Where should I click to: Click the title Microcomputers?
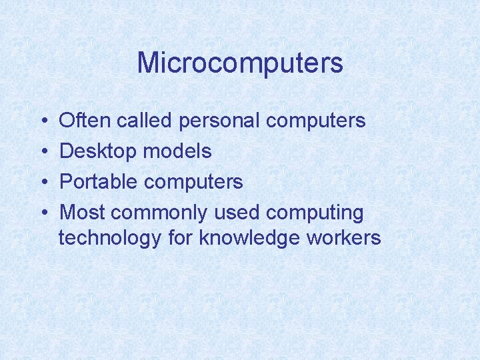point(240,63)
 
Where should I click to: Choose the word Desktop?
point(99,152)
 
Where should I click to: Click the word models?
point(178,151)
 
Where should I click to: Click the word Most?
point(82,213)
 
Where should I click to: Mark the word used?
point(237,213)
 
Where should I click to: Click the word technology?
point(110,239)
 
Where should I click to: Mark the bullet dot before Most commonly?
point(43,213)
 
